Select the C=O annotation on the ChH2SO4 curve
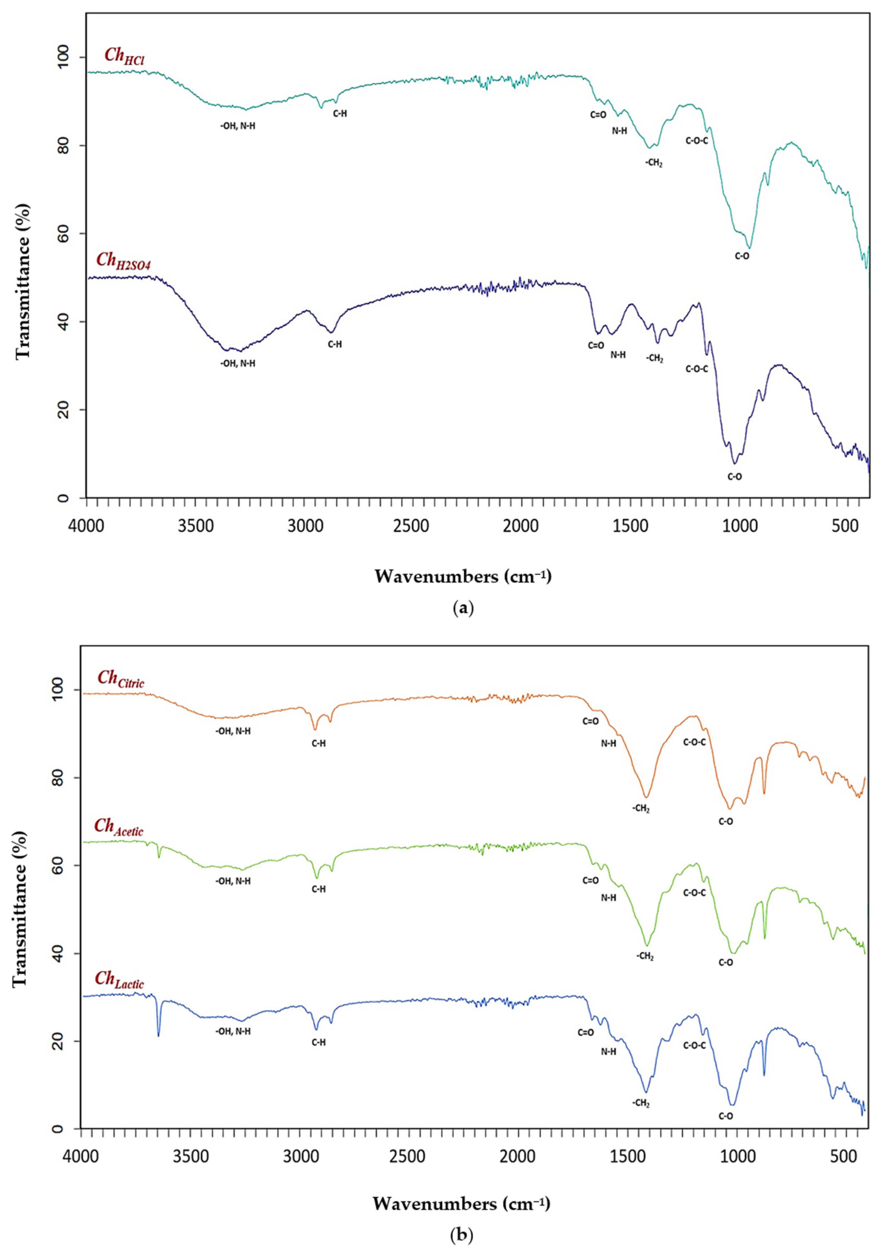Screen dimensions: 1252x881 pos(596,345)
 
